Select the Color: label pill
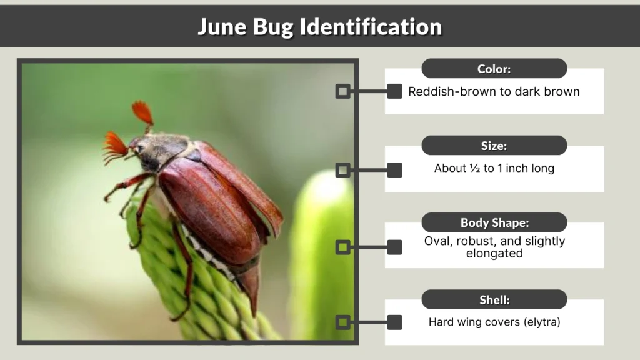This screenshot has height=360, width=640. point(494,69)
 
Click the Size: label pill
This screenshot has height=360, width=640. point(494,146)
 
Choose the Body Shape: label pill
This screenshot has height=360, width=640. point(494,222)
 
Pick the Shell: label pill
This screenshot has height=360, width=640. point(494,300)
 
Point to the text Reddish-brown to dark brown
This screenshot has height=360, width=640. point(494,91)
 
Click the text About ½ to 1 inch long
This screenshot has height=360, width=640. point(494,168)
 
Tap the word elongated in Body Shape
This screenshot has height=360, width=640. point(494,254)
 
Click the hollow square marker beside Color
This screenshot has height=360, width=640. point(342,91)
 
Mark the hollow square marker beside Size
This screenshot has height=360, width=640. point(342,169)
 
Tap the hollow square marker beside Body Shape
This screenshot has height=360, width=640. point(342,247)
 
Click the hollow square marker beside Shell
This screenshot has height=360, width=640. point(342,322)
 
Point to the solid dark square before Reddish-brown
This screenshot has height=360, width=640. point(394,91)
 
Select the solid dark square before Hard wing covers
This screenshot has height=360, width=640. point(394,322)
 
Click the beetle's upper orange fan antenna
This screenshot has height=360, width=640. point(142,113)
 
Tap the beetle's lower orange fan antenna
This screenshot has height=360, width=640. point(116,146)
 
